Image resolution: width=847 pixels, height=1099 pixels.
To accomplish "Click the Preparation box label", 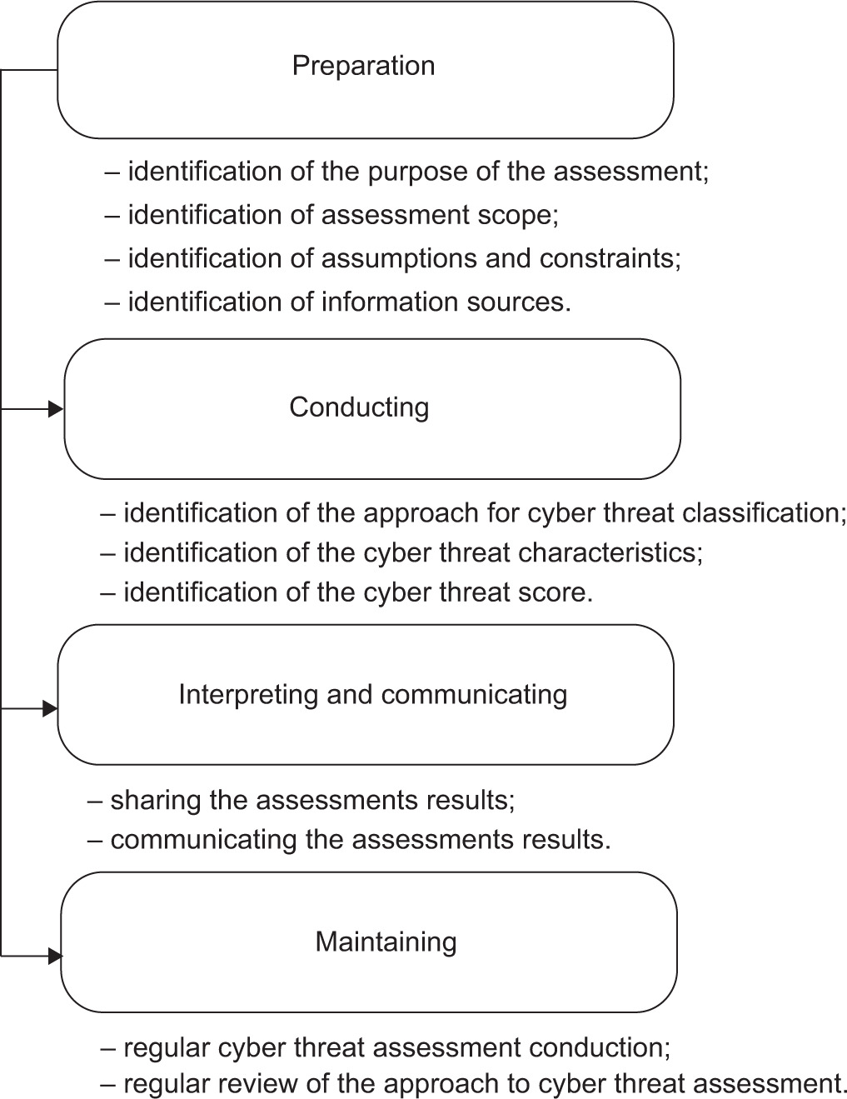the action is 363,66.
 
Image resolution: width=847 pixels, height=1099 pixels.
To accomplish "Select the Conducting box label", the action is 359,407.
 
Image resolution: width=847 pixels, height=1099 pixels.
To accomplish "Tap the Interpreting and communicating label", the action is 373,694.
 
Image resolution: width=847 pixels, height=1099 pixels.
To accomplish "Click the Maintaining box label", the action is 386,942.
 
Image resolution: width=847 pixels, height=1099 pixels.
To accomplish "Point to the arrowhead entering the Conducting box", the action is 56,408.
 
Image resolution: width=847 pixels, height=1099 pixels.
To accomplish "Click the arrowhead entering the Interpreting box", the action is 50,708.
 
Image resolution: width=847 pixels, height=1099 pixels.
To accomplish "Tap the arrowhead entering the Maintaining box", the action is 56,957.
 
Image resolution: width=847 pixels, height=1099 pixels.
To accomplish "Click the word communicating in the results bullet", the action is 204,840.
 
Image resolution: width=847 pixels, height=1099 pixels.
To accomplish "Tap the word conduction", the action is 600,1047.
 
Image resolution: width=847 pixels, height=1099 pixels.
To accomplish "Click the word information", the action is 389,302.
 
